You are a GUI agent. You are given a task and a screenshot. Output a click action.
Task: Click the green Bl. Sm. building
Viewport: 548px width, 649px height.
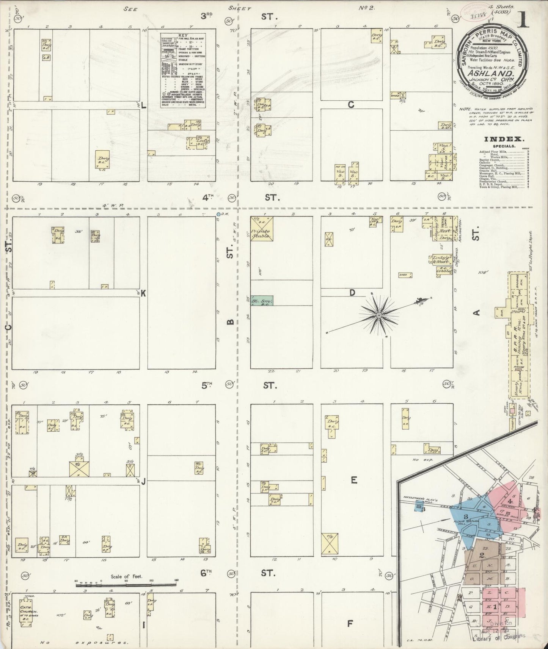261,300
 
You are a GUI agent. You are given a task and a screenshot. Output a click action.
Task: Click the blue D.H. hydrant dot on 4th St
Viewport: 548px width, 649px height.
218,215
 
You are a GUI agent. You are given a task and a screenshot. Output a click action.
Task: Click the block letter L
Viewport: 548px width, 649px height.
143,106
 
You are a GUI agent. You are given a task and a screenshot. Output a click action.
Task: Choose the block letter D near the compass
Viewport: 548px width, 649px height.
352,293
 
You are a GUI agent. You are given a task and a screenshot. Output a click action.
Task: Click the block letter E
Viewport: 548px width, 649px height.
353,480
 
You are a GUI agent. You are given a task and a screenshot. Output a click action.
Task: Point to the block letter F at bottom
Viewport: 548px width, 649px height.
350,622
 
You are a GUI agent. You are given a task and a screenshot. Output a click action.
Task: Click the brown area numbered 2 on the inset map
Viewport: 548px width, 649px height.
482,556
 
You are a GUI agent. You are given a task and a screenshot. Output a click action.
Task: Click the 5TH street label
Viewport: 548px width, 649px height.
206,386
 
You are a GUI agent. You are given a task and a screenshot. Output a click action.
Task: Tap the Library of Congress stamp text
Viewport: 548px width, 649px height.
501,635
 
